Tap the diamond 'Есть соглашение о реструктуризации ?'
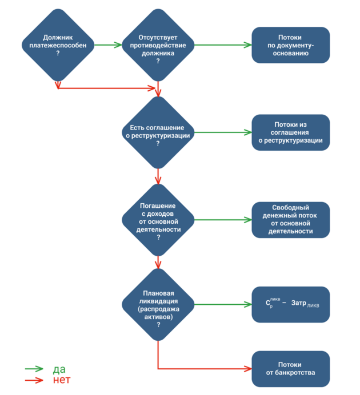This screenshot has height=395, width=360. (x=158, y=132)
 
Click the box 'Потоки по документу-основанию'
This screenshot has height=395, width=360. (x=290, y=45)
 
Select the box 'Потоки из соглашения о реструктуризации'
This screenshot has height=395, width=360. (x=290, y=132)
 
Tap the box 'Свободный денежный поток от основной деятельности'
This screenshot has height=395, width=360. (x=290, y=220)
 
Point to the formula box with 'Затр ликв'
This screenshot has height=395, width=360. (x=290, y=304)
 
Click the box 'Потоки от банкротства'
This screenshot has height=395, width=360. (x=290, y=369)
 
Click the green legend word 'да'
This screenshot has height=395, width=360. (x=59, y=369)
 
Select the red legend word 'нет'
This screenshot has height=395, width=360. (x=61, y=380)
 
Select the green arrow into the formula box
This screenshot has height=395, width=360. (x=223, y=304)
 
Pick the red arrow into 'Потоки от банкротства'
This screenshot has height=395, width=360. (x=206, y=369)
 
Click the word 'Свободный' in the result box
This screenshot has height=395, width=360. (x=290, y=208)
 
